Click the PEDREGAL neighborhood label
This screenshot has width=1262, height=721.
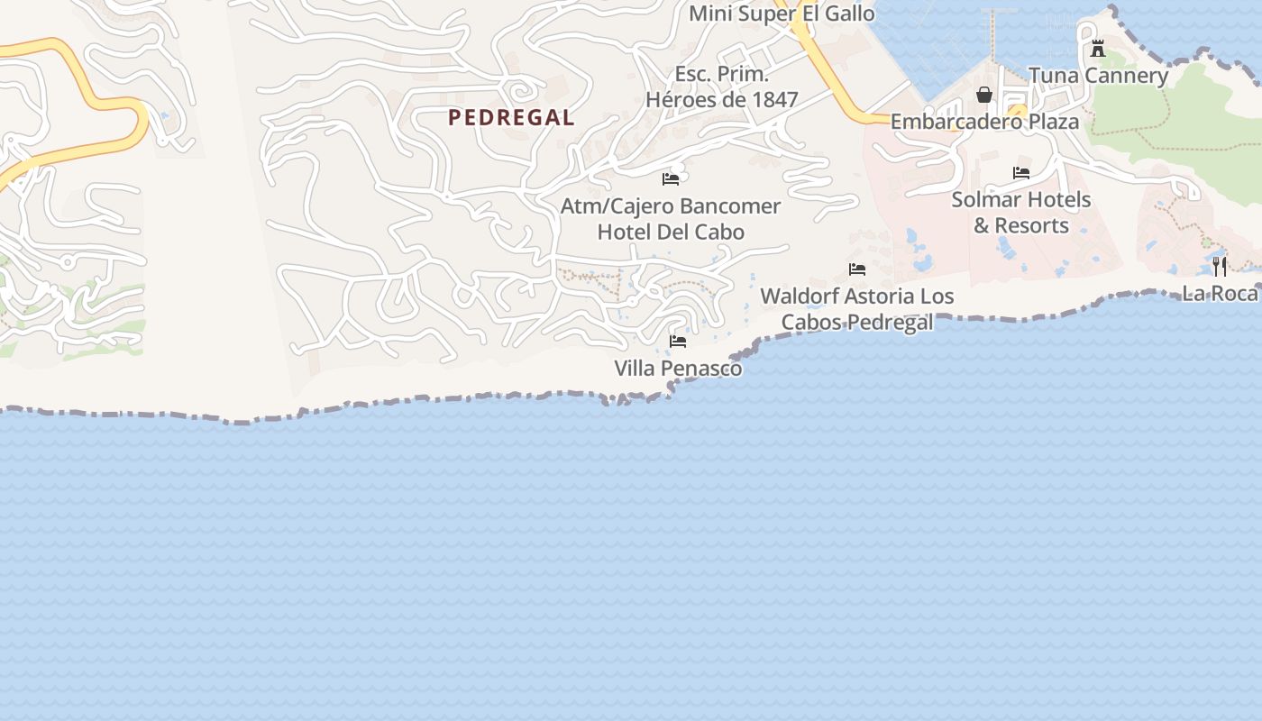pos(511,117)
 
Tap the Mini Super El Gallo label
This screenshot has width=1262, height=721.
pos(782,14)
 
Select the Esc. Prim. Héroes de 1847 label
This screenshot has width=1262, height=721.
pos(722,87)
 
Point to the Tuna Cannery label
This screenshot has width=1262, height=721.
pos(1098,75)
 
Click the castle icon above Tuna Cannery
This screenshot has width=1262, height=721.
pos(1097,49)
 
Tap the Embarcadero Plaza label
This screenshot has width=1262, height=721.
pos(984,121)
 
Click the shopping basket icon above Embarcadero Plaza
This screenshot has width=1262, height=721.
pos(984,95)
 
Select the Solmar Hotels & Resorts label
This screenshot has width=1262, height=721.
pos(1021,212)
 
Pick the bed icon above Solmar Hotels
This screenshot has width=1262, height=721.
pos(1021,173)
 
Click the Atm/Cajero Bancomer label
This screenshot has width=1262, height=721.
pos(671,205)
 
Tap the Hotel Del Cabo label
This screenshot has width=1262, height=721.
pos(671,232)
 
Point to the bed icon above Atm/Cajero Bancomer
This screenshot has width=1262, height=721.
pos(671,178)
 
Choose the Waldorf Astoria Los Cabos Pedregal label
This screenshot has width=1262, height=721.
pos(856,308)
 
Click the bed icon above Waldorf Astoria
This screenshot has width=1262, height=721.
pos(857,269)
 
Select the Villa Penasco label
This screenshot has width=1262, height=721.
pos(678,368)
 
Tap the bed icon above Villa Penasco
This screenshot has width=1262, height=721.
pos(678,342)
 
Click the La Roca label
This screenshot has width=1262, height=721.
pos(1220,293)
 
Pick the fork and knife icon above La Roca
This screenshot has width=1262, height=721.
pos(1220,266)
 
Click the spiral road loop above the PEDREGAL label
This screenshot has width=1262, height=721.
pos(521,89)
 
